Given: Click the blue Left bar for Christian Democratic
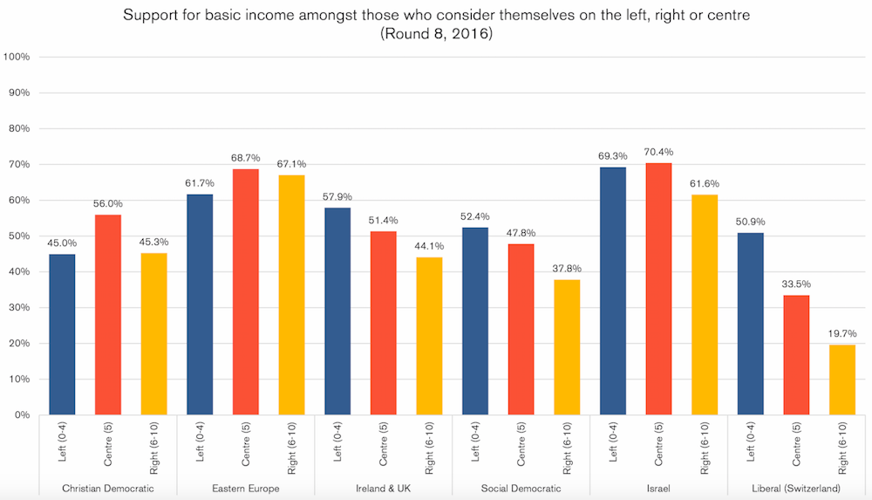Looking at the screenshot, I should point(62,334).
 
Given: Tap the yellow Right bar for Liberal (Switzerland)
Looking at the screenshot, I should point(842,380).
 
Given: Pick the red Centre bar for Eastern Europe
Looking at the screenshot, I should point(246,291).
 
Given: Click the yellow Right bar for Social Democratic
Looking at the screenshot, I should point(567,347).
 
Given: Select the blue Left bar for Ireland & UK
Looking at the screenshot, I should point(337,311).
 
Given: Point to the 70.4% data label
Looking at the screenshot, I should point(659,152).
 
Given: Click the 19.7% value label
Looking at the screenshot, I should point(842,333).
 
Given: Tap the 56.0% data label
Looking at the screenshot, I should point(108,203).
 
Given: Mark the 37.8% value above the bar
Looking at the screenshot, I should point(567,269).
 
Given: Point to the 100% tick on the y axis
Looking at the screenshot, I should point(17,57).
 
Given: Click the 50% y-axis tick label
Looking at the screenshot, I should point(19,236).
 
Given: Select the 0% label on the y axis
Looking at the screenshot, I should point(22,415).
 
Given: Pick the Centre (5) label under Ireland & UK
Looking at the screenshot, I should point(384,444).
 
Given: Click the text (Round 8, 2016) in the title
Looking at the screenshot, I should point(435,35).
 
